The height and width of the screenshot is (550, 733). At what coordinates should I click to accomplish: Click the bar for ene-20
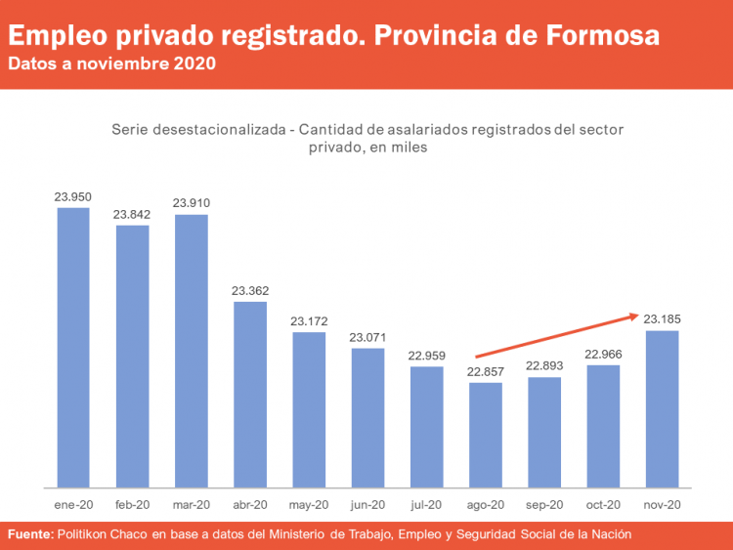[x=73, y=347]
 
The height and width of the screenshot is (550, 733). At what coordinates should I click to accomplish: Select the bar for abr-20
[x=250, y=394]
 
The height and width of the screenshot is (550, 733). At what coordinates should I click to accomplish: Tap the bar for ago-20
[x=485, y=435]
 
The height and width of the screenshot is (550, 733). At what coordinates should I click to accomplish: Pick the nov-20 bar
[x=662, y=408]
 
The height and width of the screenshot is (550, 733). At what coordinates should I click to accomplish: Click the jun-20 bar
[x=367, y=417]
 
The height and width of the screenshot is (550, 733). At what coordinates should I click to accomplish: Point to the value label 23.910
[x=192, y=203]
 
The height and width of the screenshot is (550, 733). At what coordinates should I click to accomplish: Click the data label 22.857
[x=486, y=371]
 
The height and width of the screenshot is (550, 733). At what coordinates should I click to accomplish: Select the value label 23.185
[x=663, y=318]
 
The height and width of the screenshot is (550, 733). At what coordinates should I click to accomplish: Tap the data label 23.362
[x=250, y=290]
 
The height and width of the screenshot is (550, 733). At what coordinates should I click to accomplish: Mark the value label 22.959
[x=427, y=356]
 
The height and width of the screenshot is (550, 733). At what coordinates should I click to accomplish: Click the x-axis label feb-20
[x=132, y=505]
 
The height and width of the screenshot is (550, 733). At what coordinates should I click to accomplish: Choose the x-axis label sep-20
[x=544, y=505]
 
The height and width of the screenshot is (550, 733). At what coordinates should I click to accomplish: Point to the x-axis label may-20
[x=309, y=505]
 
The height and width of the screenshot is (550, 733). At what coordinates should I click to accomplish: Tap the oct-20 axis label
[x=603, y=505]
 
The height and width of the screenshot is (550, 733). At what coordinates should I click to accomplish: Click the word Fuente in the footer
[x=30, y=534]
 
